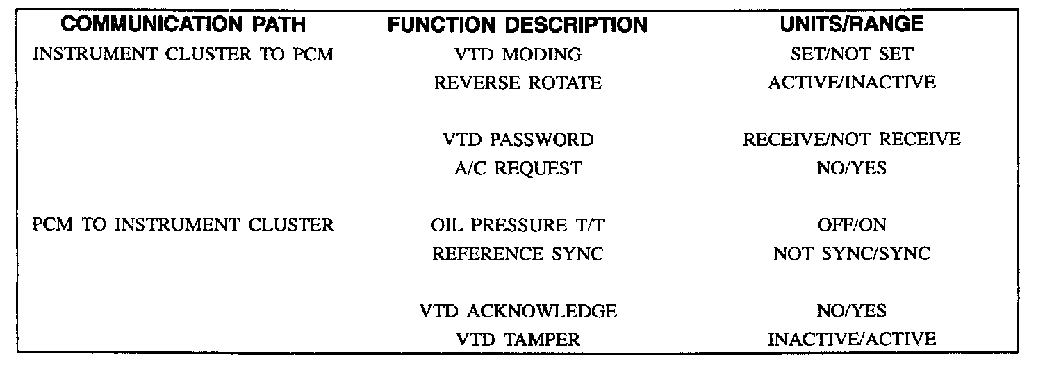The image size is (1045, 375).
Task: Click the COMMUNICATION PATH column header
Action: click(x=183, y=24)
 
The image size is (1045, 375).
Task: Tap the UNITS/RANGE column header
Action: click(x=851, y=24)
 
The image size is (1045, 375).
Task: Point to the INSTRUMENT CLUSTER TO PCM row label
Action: click(x=183, y=54)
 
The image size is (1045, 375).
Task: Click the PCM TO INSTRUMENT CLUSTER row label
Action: click(x=183, y=225)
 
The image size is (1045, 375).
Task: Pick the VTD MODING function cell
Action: click(x=517, y=54)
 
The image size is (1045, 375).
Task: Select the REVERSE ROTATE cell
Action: click(x=517, y=83)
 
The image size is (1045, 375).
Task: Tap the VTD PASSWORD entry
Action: click(x=518, y=140)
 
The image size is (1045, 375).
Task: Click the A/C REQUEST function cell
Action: click(x=517, y=168)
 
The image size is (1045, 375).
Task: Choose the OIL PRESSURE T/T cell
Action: click(x=517, y=225)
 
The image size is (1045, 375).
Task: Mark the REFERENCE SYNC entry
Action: click(x=517, y=253)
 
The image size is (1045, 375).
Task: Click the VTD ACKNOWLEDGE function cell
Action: click(x=518, y=310)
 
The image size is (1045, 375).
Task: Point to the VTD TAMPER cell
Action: click(x=518, y=339)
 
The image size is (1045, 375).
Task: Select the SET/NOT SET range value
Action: click(x=851, y=54)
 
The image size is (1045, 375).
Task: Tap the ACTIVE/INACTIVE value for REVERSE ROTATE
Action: click(x=851, y=83)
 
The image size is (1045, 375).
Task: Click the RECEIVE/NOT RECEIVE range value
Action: click(x=851, y=140)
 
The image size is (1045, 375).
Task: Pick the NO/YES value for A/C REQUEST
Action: click(x=851, y=168)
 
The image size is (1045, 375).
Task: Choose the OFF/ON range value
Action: click(x=851, y=225)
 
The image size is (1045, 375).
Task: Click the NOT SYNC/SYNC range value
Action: click(x=851, y=253)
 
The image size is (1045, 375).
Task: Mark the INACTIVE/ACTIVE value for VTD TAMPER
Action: click(x=851, y=339)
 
